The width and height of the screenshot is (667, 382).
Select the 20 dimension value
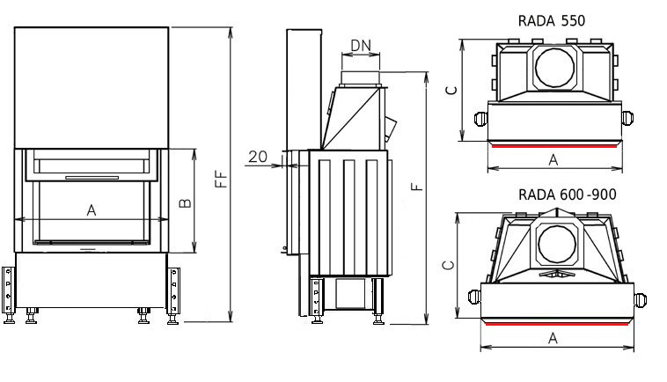[x=258, y=157]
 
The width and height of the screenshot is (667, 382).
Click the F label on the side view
[x=418, y=186]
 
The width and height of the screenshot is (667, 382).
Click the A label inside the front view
[x=91, y=209]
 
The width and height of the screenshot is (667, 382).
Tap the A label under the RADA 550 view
[x=553, y=159]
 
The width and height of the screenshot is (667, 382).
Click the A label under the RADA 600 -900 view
[x=553, y=338]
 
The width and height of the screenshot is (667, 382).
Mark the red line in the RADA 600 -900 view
[x=557, y=323]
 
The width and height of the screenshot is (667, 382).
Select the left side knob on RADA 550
[x=480, y=116]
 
